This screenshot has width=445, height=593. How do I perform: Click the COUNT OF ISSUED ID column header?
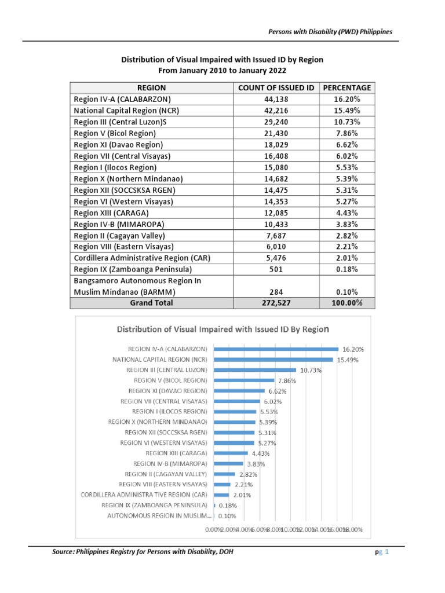coord(276,87)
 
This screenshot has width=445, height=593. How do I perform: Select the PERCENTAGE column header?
coord(347,87)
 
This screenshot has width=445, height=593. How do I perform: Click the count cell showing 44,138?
coord(276,99)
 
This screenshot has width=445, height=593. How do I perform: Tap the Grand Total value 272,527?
coord(276,302)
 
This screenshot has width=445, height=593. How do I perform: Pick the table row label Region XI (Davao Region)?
coord(119,144)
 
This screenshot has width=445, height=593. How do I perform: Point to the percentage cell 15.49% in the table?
coord(347,110)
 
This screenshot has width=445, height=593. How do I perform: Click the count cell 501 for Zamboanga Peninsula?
coord(276,269)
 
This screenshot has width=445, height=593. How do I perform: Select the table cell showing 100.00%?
coord(347,302)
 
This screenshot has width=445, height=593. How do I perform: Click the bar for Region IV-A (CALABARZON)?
coord(276,349)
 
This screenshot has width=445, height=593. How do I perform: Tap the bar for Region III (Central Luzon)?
coord(255,370)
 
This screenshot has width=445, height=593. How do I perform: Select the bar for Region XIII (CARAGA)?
coord(231,453)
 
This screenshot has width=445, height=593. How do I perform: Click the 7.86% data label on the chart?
coord(287,381)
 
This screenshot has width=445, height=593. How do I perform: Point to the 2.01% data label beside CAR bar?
coord(243,495)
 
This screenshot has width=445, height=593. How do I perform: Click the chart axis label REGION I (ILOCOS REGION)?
coord(167,412)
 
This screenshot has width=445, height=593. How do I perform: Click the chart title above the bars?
coord(223,330)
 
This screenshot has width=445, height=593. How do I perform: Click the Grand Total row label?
coord(151,302)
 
